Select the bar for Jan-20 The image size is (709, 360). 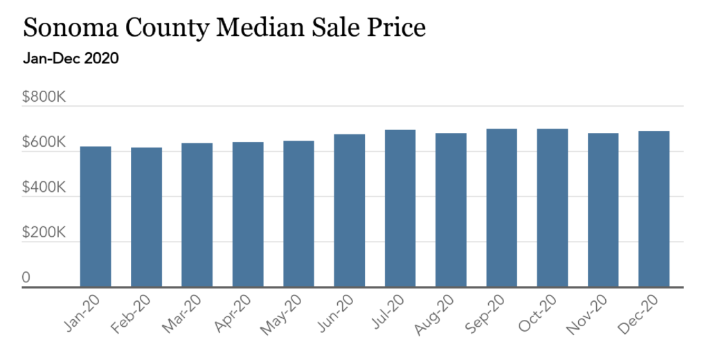click(96, 217)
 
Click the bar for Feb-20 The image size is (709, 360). click(146, 217)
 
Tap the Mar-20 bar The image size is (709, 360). click(197, 215)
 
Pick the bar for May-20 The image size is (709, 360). click(298, 214)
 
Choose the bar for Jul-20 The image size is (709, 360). click(400, 208)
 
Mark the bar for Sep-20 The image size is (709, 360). click(501, 208)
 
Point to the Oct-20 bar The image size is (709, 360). click(553, 208)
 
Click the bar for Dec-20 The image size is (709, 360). click(654, 209)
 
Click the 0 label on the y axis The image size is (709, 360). click(26, 278)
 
